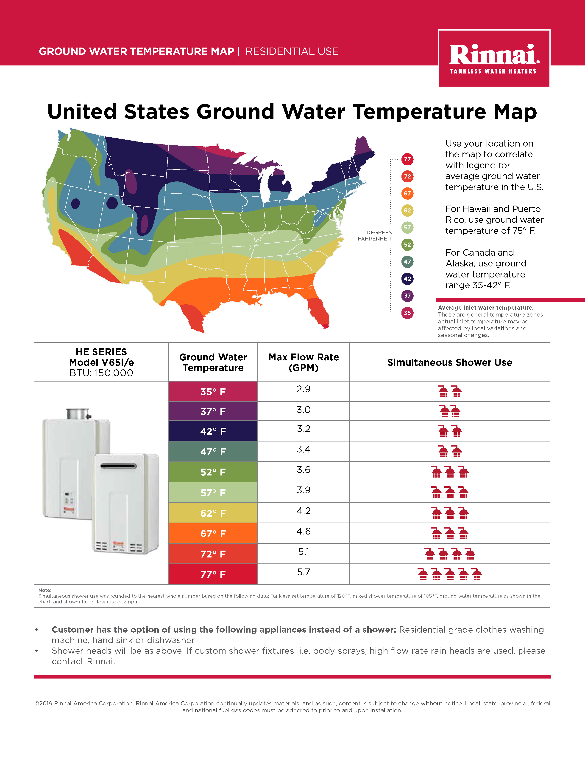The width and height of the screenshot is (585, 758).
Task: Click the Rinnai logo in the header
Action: [494, 58]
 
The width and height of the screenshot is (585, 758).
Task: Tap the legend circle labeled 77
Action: [407, 159]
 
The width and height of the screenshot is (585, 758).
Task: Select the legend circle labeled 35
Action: [407, 313]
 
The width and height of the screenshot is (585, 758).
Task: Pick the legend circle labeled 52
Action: [407, 245]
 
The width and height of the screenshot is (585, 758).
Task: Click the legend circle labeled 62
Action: [407, 210]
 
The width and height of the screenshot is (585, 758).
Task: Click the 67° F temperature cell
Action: [213, 533]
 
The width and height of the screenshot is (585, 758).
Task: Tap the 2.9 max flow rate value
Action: [304, 389]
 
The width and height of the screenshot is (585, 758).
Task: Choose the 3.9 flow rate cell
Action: [304, 490]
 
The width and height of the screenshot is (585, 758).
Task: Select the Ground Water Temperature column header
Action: [213, 362]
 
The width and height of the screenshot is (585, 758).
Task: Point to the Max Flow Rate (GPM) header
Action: [304, 362]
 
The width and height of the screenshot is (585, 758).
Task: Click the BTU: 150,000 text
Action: [101, 373]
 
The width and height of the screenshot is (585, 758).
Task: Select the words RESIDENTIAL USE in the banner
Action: [292, 51]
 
